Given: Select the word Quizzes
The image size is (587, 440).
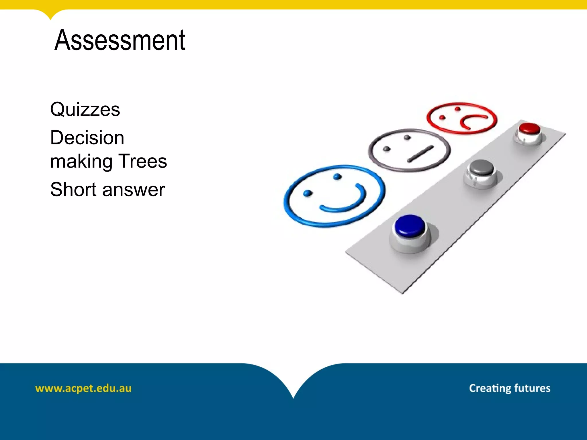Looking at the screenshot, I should click(85, 109).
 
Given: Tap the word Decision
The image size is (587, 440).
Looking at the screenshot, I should click(87, 137).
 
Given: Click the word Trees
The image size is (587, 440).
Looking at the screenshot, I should click(142, 161).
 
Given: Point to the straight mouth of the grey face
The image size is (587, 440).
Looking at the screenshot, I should click(420, 154).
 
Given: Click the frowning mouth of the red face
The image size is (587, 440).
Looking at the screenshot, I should click(471, 121).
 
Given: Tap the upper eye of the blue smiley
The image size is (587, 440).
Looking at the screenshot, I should click(338, 177).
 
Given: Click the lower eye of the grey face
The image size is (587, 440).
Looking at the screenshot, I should click(387, 149).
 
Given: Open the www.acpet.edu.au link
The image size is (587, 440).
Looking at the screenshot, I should click(83, 388).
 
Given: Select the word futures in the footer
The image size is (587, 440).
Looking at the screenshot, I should click(532, 388).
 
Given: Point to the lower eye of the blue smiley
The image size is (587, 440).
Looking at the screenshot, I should click(307, 193).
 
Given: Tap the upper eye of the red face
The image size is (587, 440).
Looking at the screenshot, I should click(457, 109).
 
